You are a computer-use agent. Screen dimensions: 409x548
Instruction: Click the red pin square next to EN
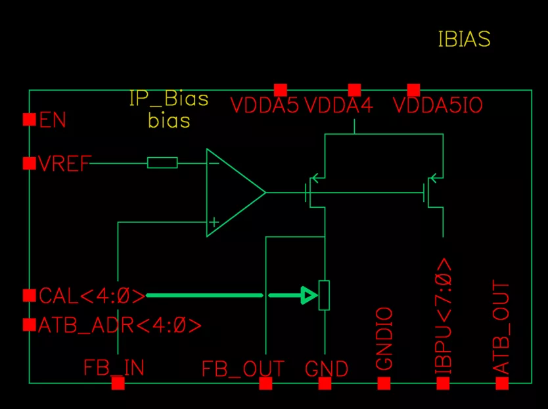click(30, 119)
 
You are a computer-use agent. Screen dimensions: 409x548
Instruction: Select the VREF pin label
click(64, 163)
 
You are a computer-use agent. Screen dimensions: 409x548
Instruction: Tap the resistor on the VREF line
click(162, 162)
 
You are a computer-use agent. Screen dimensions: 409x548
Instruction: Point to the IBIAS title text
click(464, 39)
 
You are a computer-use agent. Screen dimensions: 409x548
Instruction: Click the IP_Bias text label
click(169, 100)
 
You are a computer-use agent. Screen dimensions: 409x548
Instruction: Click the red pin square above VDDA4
click(354, 90)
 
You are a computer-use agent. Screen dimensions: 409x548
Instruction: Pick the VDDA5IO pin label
click(438, 106)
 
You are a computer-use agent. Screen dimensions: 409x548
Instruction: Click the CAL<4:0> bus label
click(92, 297)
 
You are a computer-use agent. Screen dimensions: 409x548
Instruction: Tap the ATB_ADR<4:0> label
click(120, 325)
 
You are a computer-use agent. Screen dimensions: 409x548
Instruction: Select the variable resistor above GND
click(324, 295)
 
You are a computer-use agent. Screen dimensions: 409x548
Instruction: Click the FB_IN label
click(114, 367)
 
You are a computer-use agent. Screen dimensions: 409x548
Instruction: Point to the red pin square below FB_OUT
click(265, 383)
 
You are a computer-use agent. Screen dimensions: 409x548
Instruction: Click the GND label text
click(327, 369)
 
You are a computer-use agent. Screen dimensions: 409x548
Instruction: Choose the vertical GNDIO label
click(384, 339)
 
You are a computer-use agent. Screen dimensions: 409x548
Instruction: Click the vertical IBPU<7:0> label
click(444, 317)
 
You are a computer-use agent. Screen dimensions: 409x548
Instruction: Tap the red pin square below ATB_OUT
click(502, 383)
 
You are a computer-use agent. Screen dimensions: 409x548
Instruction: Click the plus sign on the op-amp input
click(213, 223)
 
